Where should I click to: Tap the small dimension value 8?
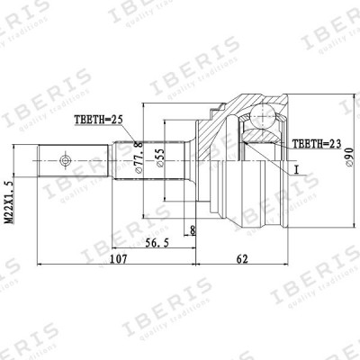193,229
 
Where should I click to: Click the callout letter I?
292,168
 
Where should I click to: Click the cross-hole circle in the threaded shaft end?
64,163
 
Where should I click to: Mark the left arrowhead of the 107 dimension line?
39,267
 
